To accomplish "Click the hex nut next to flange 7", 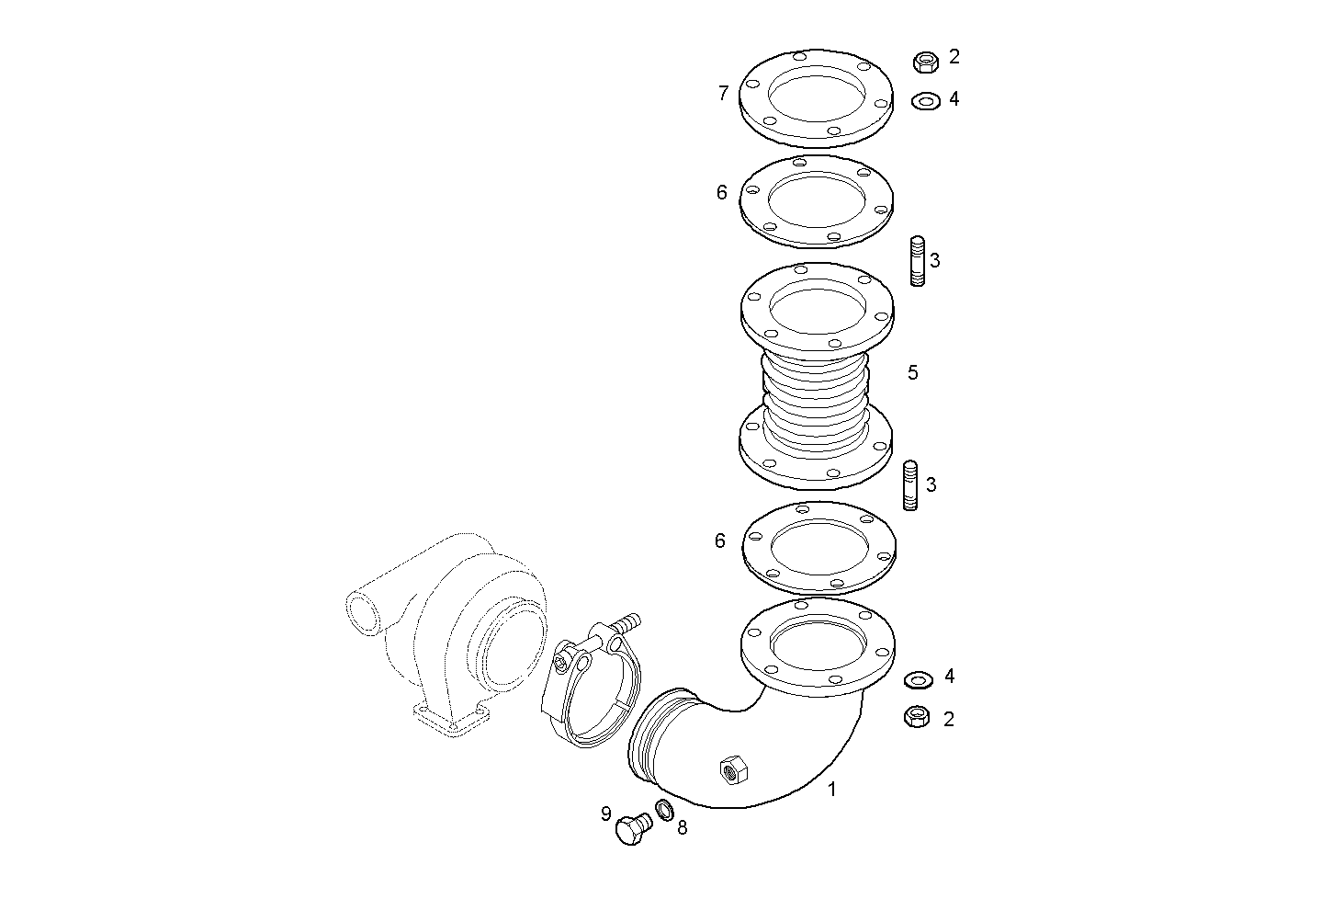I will (926, 62).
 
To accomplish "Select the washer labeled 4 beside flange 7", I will (926, 100).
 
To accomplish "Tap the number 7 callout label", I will (723, 93).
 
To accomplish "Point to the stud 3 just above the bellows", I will (918, 262).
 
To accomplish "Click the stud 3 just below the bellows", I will (911, 485).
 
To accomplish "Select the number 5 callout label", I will (912, 372).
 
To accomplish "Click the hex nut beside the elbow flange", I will (917, 717).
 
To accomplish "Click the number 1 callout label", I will (832, 789).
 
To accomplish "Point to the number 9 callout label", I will (605, 814).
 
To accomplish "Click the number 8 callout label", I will (682, 827).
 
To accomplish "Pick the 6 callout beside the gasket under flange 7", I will (722, 192).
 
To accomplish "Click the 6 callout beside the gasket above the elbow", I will (720, 541).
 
